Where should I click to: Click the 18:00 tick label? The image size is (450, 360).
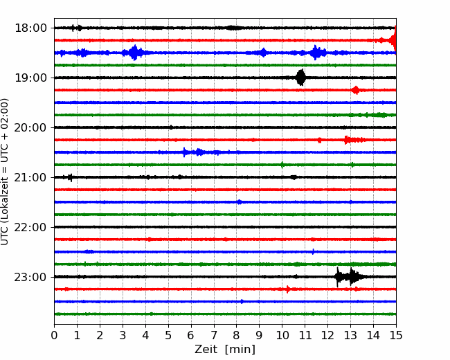30,28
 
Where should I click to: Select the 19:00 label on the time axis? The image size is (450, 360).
30,78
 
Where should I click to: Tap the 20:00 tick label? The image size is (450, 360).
30,128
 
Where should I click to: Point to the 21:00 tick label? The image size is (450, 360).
30,177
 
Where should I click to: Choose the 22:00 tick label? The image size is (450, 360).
30,227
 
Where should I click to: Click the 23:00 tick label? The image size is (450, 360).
30,278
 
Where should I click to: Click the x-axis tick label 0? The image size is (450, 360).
54,335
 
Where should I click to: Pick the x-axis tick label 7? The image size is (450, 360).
214,335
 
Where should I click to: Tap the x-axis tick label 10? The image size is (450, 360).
282,335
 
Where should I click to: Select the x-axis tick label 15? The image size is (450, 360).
396,335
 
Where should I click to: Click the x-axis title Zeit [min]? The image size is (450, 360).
225,350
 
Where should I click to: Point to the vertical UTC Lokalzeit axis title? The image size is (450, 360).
4,172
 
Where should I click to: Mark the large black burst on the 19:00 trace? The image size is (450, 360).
300,78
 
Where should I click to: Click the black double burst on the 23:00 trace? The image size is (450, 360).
350,277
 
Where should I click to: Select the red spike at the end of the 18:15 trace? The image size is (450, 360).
394,39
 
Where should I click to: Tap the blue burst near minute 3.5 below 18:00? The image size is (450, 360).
134,53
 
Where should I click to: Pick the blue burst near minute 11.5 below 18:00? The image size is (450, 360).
316,53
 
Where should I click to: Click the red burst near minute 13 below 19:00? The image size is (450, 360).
356,90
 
